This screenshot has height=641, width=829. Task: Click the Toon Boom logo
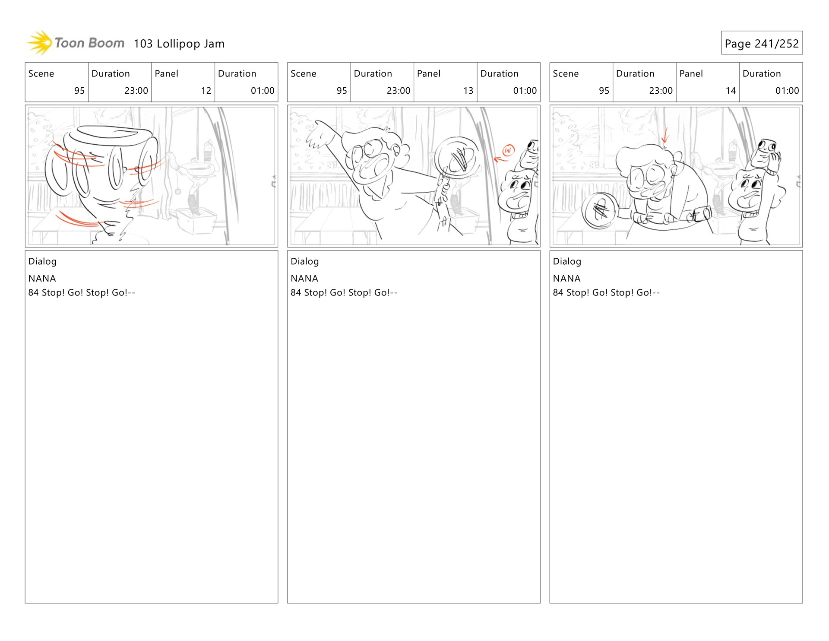[x=76, y=43]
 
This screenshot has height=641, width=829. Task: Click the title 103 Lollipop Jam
[x=179, y=44]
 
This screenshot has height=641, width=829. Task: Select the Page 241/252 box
[x=762, y=43]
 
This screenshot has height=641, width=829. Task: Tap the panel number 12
[x=206, y=91]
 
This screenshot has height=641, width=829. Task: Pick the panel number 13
[x=468, y=91]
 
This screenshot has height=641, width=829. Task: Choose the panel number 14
[x=731, y=91]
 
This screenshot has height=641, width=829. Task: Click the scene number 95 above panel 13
[x=342, y=91]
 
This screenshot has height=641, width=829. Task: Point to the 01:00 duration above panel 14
[x=787, y=91]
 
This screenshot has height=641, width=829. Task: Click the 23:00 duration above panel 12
[x=136, y=91]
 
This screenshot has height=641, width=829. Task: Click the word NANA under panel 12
[x=42, y=279]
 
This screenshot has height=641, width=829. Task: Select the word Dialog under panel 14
[x=567, y=261]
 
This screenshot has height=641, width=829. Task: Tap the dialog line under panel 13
[x=344, y=292]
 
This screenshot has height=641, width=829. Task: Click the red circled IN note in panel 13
[x=509, y=150]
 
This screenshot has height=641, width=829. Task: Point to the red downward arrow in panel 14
[x=665, y=135]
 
